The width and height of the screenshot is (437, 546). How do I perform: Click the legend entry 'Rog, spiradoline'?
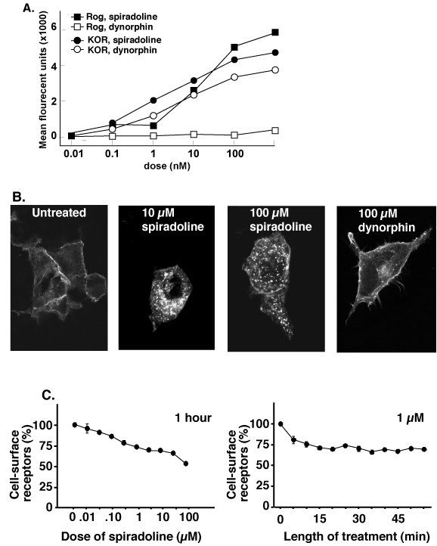[x=114, y=17]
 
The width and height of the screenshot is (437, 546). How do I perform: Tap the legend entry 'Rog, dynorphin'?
[x=112, y=26]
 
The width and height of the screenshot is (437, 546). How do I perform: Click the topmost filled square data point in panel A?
[x=275, y=32]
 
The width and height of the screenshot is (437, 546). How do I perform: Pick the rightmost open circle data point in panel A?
[x=275, y=70]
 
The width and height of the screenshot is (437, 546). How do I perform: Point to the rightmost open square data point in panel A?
[x=275, y=131]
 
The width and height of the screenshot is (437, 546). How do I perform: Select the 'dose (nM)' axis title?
[x=167, y=166]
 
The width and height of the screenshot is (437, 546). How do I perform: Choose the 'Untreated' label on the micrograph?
[x=59, y=213]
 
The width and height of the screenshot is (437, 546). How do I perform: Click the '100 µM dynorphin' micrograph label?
[x=386, y=220]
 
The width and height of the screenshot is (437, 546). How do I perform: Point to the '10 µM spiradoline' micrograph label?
[x=172, y=219]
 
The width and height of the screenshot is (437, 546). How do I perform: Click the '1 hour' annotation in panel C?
[x=194, y=417]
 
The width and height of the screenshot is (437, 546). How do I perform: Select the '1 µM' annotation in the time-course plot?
[x=411, y=417]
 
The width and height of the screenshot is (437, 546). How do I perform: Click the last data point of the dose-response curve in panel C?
[x=186, y=464]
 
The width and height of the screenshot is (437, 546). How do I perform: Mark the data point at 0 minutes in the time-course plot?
[x=280, y=423]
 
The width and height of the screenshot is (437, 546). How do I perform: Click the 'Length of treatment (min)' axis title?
[x=356, y=536]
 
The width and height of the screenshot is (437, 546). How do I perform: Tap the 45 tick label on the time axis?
[x=398, y=519]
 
